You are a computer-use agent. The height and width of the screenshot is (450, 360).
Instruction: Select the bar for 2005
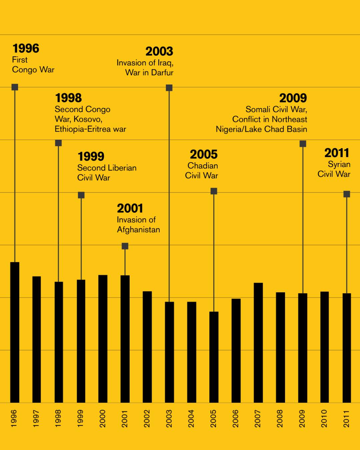pos(214,357)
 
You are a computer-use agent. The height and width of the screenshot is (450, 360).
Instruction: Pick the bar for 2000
pos(103,338)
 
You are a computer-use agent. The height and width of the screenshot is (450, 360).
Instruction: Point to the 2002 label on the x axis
pos(147,419)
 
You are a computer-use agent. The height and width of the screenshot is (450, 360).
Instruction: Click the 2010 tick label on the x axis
pos(324,419)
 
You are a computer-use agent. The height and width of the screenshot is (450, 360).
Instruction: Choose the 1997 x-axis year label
pos(36,419)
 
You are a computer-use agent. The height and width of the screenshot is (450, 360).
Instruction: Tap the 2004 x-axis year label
pos(191,419)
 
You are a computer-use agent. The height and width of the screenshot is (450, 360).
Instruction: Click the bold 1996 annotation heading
pos(26,49)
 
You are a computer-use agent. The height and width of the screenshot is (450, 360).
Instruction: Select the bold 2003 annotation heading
pos(159,52)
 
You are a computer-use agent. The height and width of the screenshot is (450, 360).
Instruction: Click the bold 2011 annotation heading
pos(337,153)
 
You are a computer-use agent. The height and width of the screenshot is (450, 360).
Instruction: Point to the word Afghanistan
pos(138,230)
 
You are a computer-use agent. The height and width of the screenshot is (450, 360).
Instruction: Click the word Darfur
pos(162,73)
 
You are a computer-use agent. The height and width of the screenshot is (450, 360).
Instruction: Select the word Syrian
pos(339,164)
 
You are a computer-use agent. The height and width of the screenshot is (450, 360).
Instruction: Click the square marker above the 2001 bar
pos(125,246)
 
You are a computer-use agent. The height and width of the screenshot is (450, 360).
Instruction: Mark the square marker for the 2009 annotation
pos(303,144)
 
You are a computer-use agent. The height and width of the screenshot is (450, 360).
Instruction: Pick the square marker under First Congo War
pos(15,87)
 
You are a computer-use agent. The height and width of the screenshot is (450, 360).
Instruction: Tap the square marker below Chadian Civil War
pos(214,191)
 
